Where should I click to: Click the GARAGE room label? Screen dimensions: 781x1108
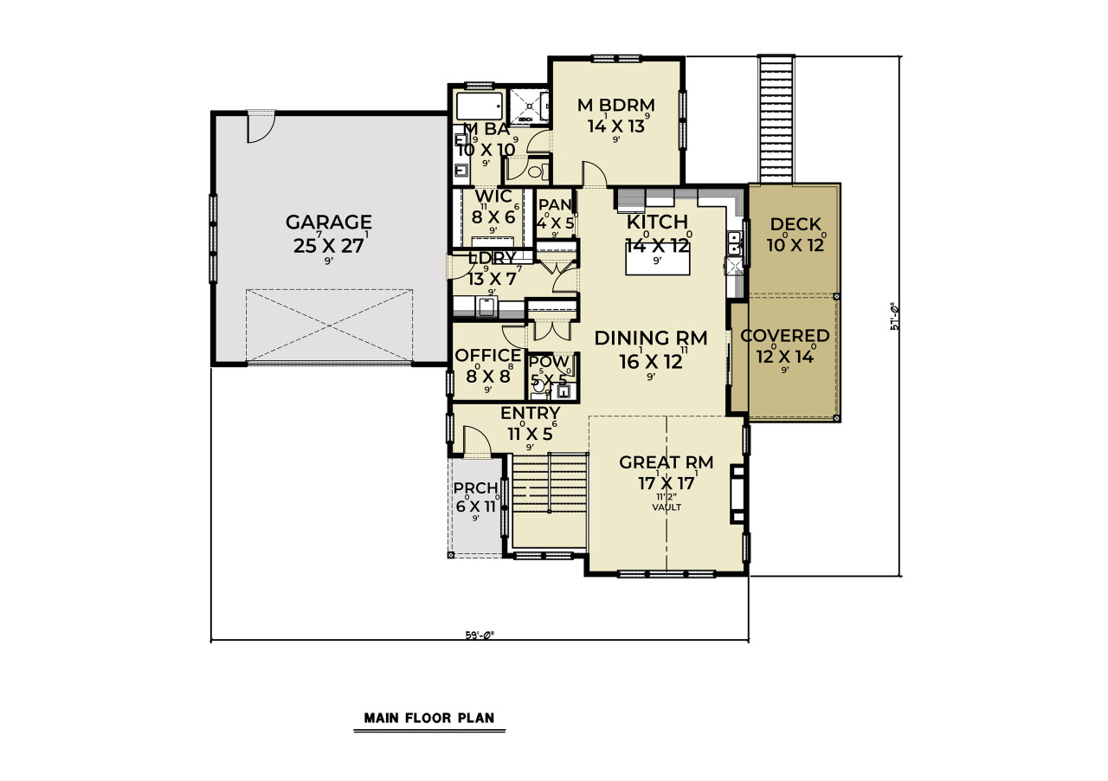[x=329, y=223]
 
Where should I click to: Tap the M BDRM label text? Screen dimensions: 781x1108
[x=615, y=106]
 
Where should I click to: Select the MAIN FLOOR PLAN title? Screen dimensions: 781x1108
[x=428, y=718]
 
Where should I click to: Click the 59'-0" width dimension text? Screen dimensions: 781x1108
[x=479, y=635]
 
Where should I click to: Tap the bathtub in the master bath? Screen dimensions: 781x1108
[x=479, y=107]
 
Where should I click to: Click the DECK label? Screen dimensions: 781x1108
[x=795, y=225]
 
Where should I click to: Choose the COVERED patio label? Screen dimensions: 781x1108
[x=785, y=336]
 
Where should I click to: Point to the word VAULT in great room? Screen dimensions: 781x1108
[x=667, y=507]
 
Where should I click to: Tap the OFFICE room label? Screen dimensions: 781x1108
[x=488, y=356]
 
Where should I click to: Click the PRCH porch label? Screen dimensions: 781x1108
[x=474, y=487]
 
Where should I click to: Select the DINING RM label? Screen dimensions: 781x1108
[x=651, y=339]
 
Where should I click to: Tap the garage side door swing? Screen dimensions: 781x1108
[x=261, y=128]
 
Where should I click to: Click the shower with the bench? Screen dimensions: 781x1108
[x=526, y=106]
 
